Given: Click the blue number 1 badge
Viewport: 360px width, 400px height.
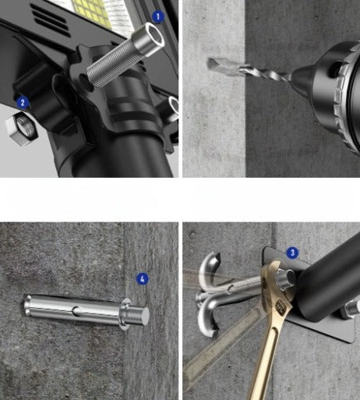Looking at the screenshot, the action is click(158, 17).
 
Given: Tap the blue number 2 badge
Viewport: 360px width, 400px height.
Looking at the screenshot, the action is click(23, 103).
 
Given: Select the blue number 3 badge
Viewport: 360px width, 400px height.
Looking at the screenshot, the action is click(293, 253).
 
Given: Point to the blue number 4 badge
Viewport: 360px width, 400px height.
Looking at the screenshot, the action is click(143, 279).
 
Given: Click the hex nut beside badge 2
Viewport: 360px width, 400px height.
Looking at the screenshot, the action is click(22, 128).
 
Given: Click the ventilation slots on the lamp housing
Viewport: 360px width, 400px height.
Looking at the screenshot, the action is click(49, 19).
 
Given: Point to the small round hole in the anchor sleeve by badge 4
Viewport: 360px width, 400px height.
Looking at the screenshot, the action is click(76, 310).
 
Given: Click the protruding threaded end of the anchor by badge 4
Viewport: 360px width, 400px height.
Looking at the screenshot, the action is click(138, 315).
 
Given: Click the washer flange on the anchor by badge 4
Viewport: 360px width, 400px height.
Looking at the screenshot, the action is click(125, 314).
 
